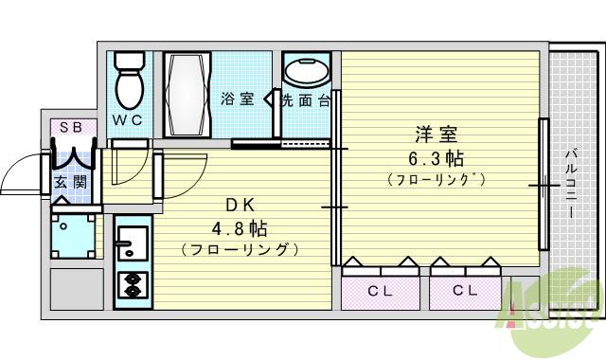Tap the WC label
click(129, 120)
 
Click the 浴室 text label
click(238, 99)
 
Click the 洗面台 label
click(304, 99)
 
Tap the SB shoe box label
click(72, 127)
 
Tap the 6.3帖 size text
click(437, 156)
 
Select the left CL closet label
click(380, 291)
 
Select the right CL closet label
click(465, 291)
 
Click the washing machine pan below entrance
click(73, 237)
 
